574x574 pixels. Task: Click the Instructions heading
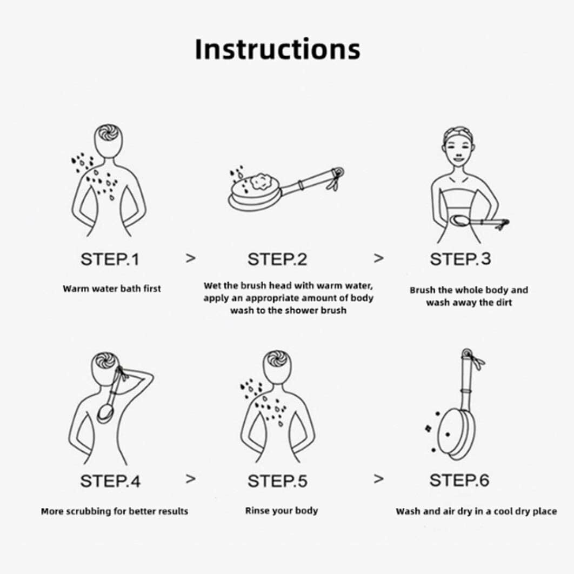coord(277,49)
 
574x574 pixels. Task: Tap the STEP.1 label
coord(110,259)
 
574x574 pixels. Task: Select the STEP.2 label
coord(277,259)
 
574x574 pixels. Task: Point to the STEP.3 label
coord(460,259)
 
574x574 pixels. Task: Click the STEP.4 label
coord(110,481)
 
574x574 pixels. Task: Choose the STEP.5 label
coord(277,481)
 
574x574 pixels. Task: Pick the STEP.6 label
coord(459,480)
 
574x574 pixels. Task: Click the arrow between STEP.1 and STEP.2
coord(190,258)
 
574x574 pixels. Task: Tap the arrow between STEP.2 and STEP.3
coord(378,258)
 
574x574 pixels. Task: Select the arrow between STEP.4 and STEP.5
coord(190,479)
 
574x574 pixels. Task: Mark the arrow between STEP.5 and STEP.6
coord(378,479)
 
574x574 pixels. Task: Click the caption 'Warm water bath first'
coord(112,289)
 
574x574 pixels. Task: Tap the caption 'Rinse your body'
coord(282,511)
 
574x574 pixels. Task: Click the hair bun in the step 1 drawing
coord(108,134)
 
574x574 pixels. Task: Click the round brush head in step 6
coord(455,435)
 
